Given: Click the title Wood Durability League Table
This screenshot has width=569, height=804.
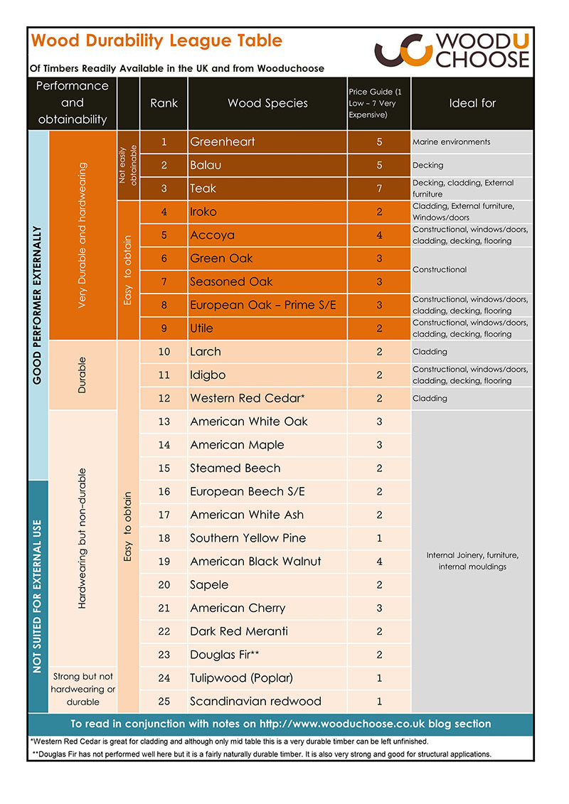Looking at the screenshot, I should (157, 41).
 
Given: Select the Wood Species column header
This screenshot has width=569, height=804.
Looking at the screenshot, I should (267, 103).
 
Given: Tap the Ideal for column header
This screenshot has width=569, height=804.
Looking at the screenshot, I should (472, 103).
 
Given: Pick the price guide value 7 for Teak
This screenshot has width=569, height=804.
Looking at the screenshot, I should (379, 188).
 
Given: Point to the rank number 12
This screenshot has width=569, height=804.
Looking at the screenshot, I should (164, 398).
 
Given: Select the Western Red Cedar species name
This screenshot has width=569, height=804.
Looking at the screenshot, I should (247, 398).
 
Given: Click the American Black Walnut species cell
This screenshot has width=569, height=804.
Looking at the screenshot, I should (255, 561).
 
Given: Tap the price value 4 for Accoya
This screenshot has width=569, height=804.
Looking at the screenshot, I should (379, 235).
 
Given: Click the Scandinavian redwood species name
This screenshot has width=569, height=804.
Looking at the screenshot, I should (255, 701).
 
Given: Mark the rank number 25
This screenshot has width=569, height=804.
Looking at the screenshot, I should (164, 701).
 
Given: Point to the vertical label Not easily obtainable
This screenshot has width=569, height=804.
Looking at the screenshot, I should (128, 165).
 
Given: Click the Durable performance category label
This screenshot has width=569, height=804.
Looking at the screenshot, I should (83, 375).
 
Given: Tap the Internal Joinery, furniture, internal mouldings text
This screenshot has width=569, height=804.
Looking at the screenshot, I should (472, 561).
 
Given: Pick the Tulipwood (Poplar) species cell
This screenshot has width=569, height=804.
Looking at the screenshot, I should (241, 677).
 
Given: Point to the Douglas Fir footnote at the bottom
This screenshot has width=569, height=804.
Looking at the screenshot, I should (262, 754).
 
